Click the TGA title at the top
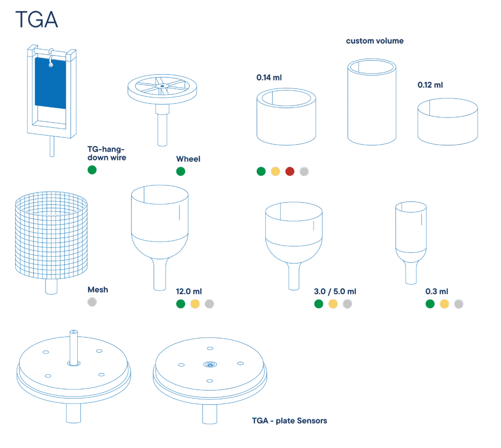(37, 20)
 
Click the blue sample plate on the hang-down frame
(50, 83)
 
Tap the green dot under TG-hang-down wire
(92, 170)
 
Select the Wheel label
(188, 159)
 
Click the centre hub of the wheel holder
(162, 86)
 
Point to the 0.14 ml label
(269, 78)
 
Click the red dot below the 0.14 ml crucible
(290, 172)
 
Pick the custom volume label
(375, 41)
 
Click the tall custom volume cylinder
(372, 102)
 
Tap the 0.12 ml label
(430, 85)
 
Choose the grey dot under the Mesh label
(92, 302)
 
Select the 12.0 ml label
(189, 291)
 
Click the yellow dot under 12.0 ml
(195, 304)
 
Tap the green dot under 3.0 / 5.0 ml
(319, 304)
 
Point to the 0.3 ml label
(437, 291)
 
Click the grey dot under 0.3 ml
(458, 304)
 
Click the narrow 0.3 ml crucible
(411, 243)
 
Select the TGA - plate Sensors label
(290, 421)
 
